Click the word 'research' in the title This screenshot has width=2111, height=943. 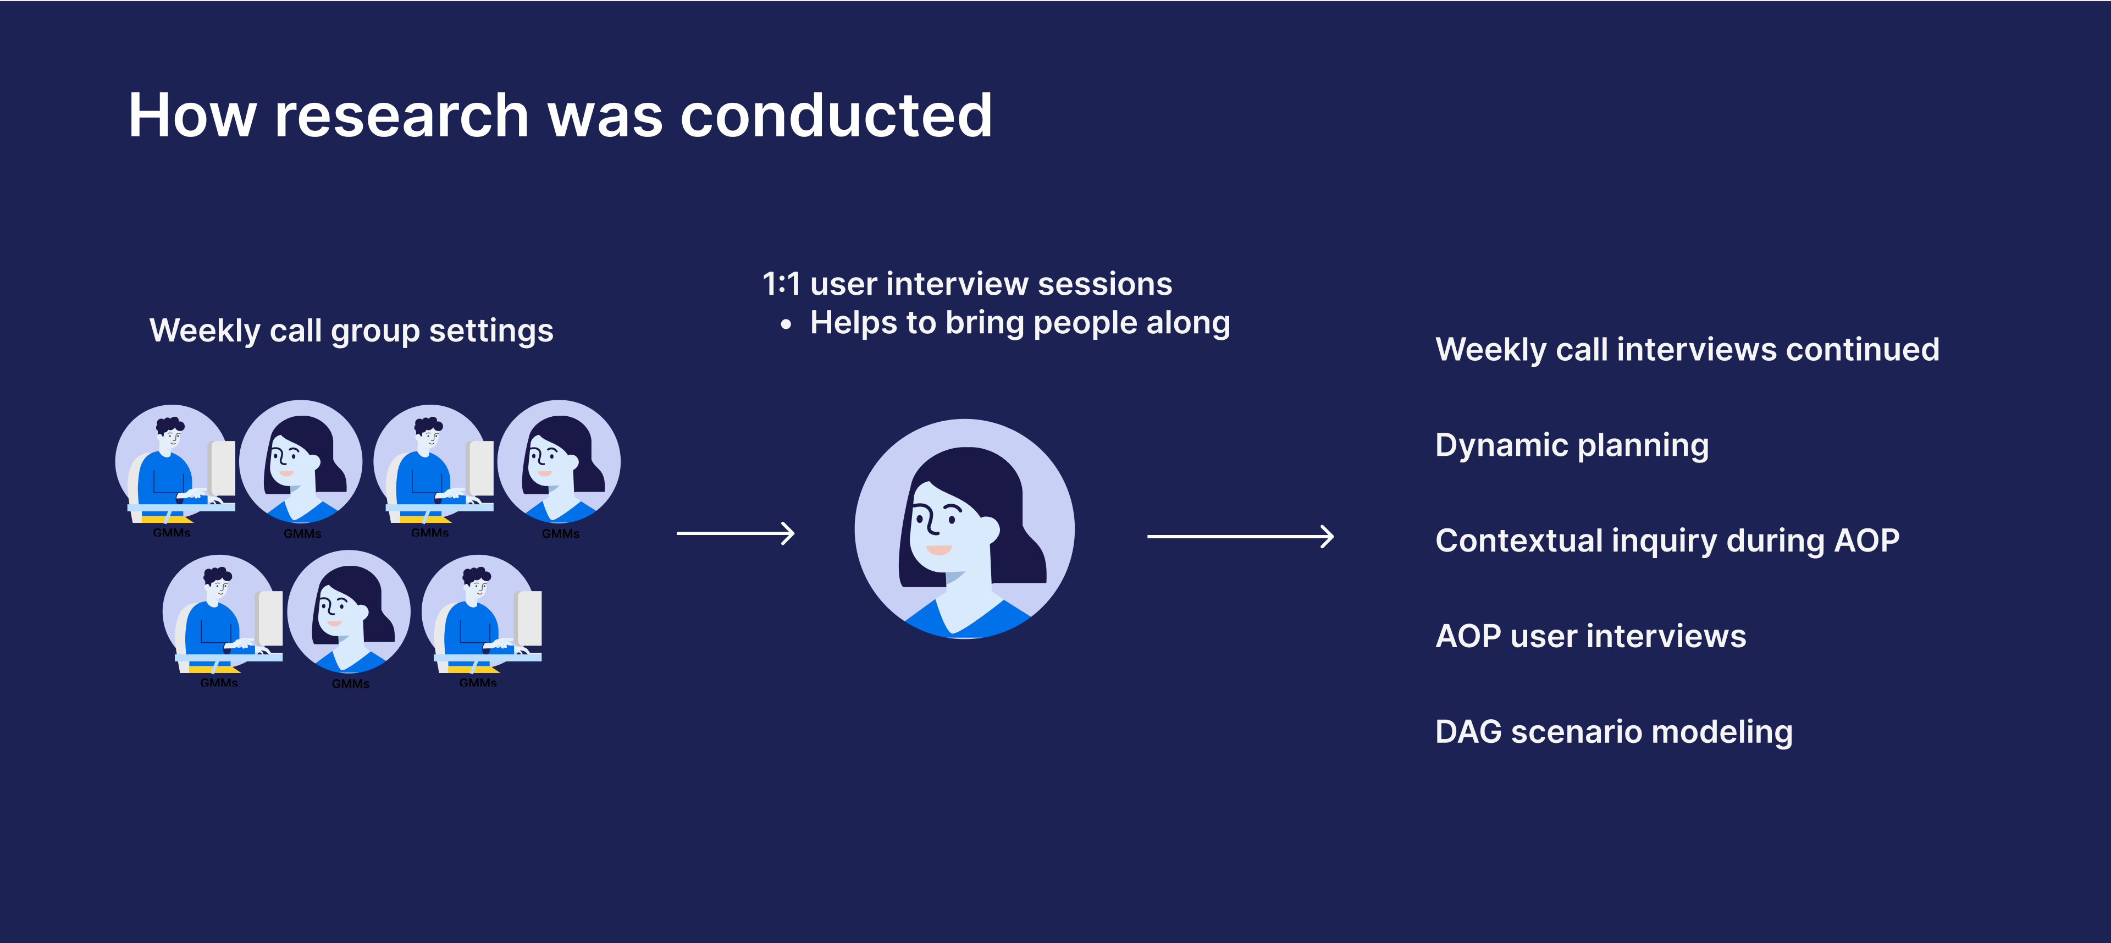coord(401,115)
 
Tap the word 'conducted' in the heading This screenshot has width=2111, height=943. coord(837,115)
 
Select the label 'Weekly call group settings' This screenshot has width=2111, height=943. coord(352,331)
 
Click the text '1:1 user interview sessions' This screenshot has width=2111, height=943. coord(967,284)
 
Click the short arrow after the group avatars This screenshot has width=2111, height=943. coord(735,534)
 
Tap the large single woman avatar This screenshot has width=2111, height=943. coord(965,529)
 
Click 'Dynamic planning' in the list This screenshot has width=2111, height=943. coord(1572,445)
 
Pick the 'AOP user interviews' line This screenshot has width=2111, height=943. coord(1590,636)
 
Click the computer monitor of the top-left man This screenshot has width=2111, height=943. coord(222,468)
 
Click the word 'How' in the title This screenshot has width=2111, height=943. coord(192,115)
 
